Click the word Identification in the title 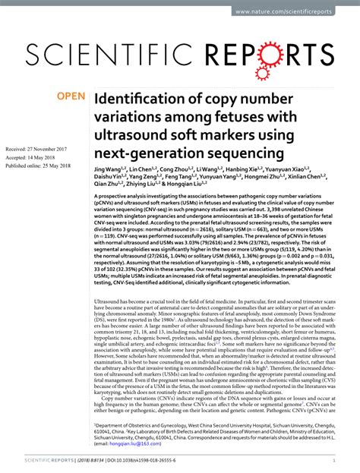point(138,99)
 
